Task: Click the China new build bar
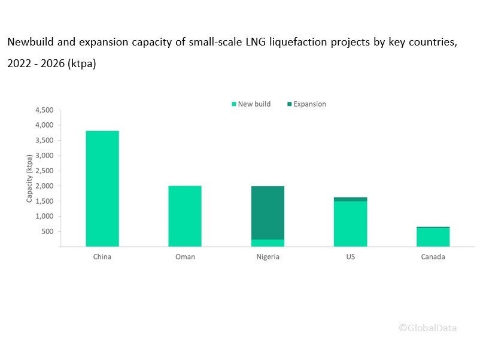(102, 188)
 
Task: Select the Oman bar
(185, 216)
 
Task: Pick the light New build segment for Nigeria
(268, 243)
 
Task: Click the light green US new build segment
(350, 223)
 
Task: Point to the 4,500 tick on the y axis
(45, 110)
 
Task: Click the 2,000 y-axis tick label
(45, 186)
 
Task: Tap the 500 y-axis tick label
(48, 231)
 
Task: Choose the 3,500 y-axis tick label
(45, 140)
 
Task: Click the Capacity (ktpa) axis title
(29, 178)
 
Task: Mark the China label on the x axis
(102, 256)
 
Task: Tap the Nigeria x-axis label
(268, 256)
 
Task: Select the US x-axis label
(350, 256)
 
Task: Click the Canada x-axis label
(433, 256)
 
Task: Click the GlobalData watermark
(429, 327)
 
